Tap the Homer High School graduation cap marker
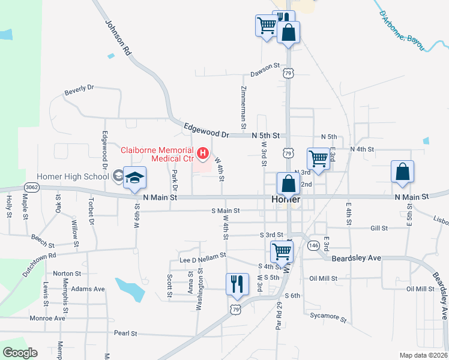(135, 178)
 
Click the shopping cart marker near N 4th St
(318, 160)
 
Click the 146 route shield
(313, 245)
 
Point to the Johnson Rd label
(118, 38)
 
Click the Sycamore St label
(328, 317)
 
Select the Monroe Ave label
(47, 318)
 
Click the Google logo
(20, 353)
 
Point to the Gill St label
(379, 229)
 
